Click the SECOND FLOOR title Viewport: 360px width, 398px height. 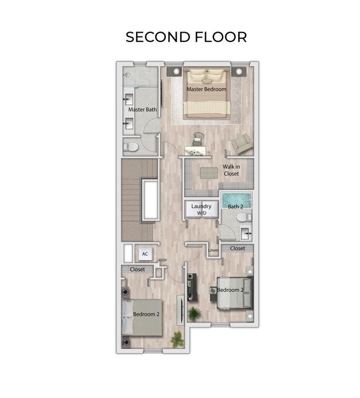tap(186, 37)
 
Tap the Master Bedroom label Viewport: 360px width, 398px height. tap(206, 89)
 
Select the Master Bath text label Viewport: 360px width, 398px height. tap(143, 109)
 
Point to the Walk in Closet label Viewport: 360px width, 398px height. tap(231, 170)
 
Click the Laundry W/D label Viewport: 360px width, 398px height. tap(201, 210)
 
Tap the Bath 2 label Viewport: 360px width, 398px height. tap(236, 207)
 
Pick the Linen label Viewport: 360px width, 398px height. tap(213, 250)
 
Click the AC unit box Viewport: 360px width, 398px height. tap(145, 254)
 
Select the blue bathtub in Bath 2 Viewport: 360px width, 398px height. tap(236, 200)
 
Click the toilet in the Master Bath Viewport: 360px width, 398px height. tap(131, 146)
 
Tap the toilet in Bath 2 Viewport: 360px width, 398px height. tap(244, 217)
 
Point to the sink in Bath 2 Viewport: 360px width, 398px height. tap(246, 233)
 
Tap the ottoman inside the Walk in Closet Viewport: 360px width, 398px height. tap(209, 172)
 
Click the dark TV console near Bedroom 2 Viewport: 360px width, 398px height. tap(192, 287)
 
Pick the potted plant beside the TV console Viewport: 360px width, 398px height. tap(195, 314)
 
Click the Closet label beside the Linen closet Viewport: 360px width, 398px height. tap(237, 248)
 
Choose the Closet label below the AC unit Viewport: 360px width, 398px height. tap(137, 269)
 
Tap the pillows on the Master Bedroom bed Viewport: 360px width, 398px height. tap(206, 75)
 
